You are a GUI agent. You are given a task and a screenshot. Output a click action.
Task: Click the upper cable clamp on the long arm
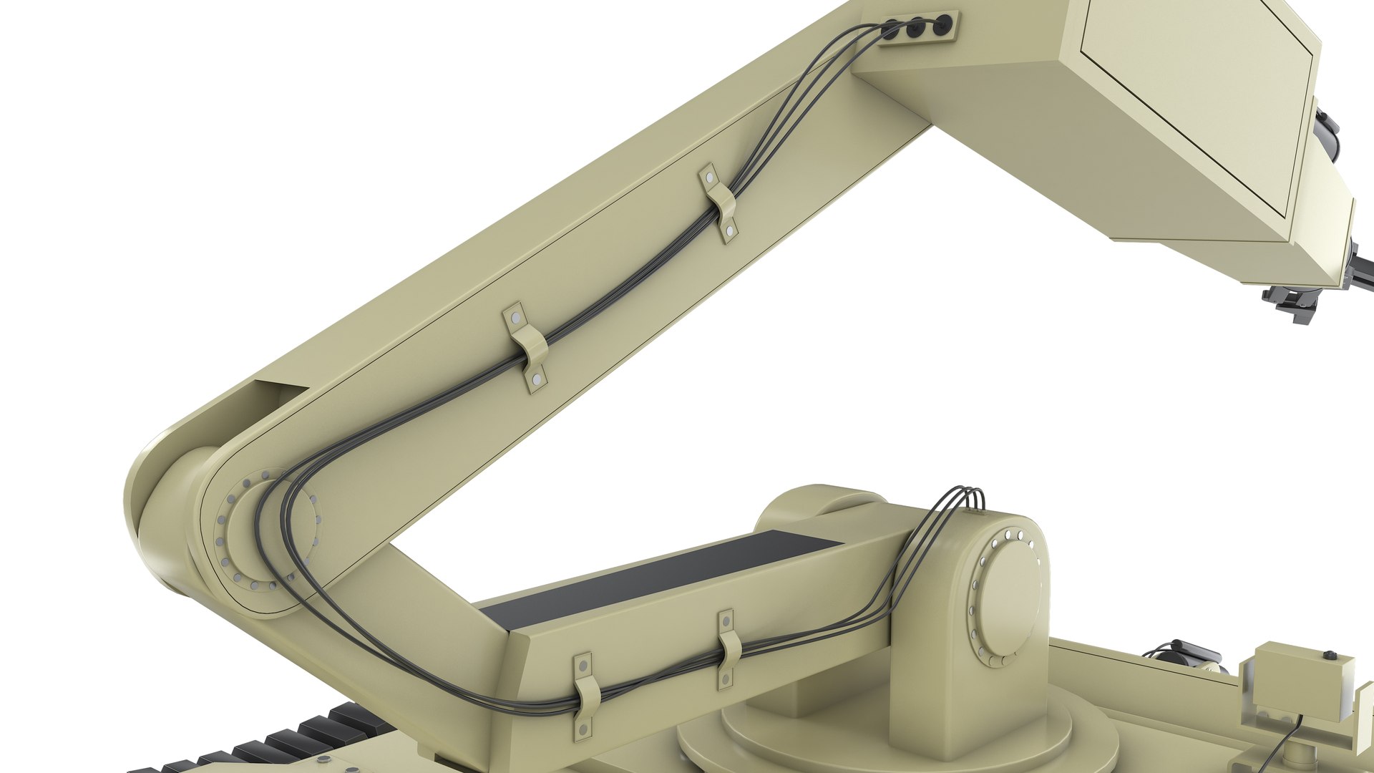(x=719, y=203)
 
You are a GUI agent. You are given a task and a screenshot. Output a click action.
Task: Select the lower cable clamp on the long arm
(x=527, y=348)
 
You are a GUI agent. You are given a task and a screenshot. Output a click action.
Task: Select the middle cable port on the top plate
(x=917, y=28)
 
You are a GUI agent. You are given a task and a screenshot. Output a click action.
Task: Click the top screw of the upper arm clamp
(x=709, y=175)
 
